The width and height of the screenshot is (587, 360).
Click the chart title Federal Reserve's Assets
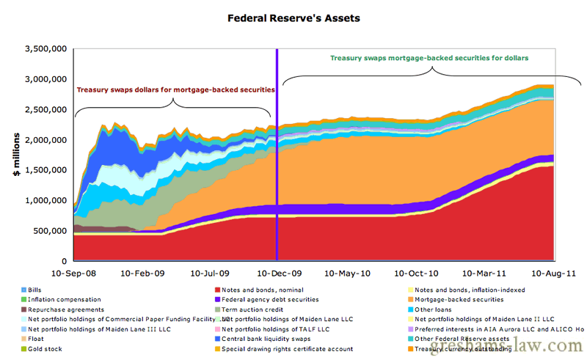click(293, 17)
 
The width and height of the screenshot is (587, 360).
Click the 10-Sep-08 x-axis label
click(74, 273)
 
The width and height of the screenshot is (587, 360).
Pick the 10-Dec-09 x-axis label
click(277, 273)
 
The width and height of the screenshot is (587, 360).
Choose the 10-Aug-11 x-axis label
click(553, 273)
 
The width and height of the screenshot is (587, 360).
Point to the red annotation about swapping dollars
click(175, 89)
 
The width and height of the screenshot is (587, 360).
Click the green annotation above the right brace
click(429, 57)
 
